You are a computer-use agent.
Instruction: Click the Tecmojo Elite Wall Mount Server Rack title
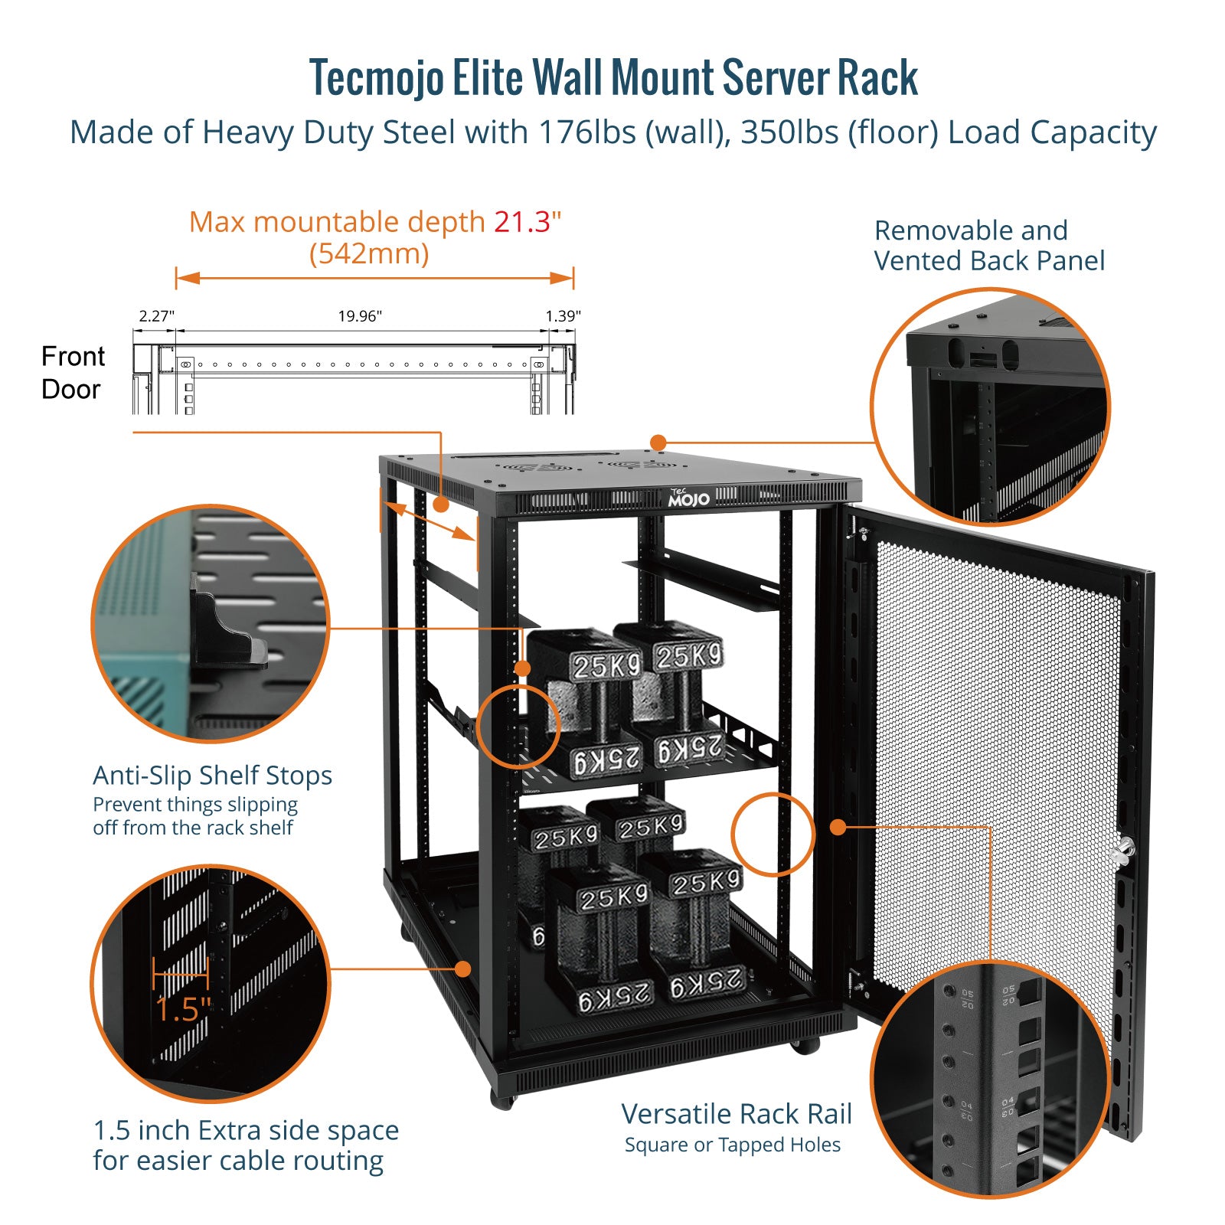point(613,78)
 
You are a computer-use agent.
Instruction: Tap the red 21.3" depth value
point(527,222)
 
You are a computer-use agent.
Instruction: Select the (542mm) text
point(369,253)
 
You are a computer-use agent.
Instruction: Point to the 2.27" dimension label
point(156,315)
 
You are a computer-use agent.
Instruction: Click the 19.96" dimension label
point(360,315)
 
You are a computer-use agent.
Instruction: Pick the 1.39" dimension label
point(563,315)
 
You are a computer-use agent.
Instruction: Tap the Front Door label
point(72,373)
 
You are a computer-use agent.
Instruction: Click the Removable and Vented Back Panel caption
point(989,246)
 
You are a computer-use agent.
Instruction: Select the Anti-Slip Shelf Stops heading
point(213,776)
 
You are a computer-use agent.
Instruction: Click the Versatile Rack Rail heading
point(737,1114)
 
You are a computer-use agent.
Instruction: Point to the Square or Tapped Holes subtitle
point(733,1145)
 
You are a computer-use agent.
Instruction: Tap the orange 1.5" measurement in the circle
point(182,1009)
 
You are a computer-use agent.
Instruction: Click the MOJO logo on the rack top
point(688,498)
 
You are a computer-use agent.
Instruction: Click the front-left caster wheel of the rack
point(502,1101)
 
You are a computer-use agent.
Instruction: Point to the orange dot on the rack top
point(658,443)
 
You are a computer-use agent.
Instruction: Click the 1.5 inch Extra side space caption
point(245,1145)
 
